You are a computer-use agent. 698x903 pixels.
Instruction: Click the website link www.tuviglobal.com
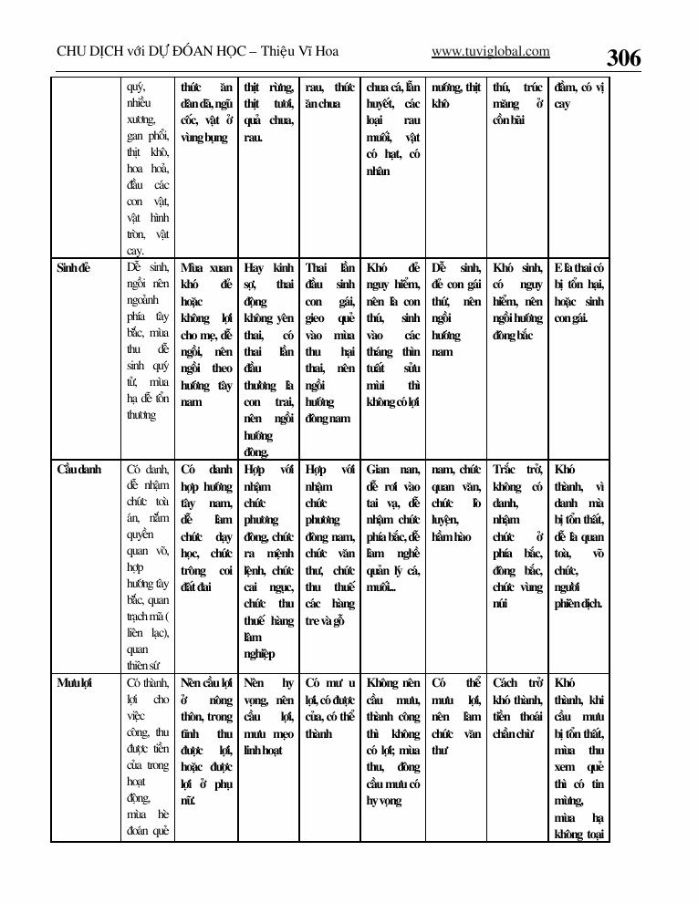click(x=490, y=52)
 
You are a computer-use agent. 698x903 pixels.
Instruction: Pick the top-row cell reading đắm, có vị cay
click(x=579, y=96)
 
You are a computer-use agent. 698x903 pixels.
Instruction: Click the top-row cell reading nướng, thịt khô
click(x=455, y=96)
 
